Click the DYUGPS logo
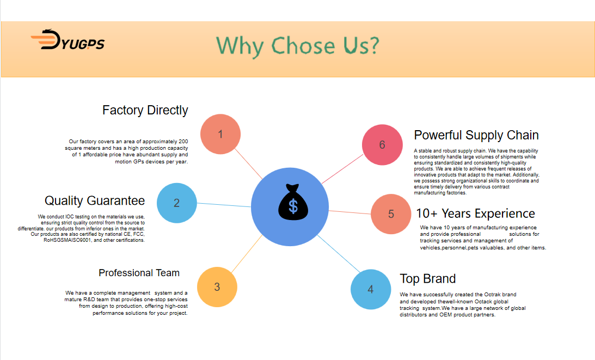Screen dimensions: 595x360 click(68, 40)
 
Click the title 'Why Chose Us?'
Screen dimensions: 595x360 click(297, 46)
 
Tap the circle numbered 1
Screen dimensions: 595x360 click(220, 134)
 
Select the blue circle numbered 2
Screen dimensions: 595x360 click(177, 203)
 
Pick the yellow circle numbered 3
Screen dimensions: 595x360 click(217, 286)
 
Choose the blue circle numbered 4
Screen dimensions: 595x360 click(371, 289)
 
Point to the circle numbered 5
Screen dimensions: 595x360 click(391, 214)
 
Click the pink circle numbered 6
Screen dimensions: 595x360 click(382, 145)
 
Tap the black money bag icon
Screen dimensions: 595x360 click(293, 202)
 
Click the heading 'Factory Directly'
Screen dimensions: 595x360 click(145, 110)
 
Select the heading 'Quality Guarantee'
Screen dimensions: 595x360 click(95, 200)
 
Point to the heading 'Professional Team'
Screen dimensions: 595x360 click(139, 273)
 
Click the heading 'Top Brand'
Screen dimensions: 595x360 click(428, 279)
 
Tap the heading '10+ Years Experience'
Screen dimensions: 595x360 click(475, 213)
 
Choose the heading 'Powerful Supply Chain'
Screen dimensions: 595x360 click(476, 135)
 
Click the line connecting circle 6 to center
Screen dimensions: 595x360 click(342, 169)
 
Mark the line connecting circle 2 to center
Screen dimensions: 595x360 click(224, 205)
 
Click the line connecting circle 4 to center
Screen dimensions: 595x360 click(339, 254)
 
